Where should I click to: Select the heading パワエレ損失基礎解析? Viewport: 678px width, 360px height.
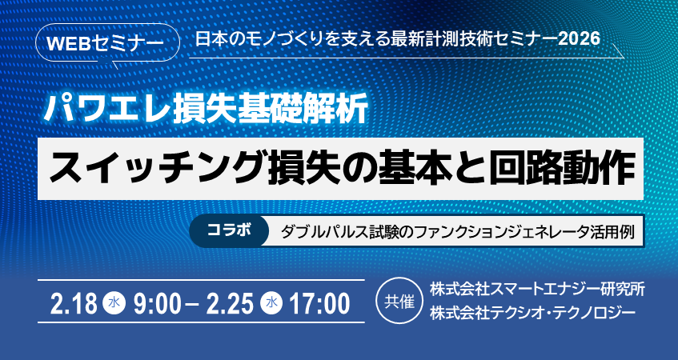[x=207, y=106]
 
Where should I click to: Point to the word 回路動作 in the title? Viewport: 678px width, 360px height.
[x=569, y=166]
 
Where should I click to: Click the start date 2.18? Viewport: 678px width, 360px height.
[x=74, y=303]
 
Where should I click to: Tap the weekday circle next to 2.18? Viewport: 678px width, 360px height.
[x=114, y=303]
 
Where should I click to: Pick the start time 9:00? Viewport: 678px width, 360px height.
[x=158, y=303]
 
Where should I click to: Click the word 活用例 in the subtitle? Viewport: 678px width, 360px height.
[x=616, y=232]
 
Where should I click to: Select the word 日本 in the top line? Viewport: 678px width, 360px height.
[x=209, y=38]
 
